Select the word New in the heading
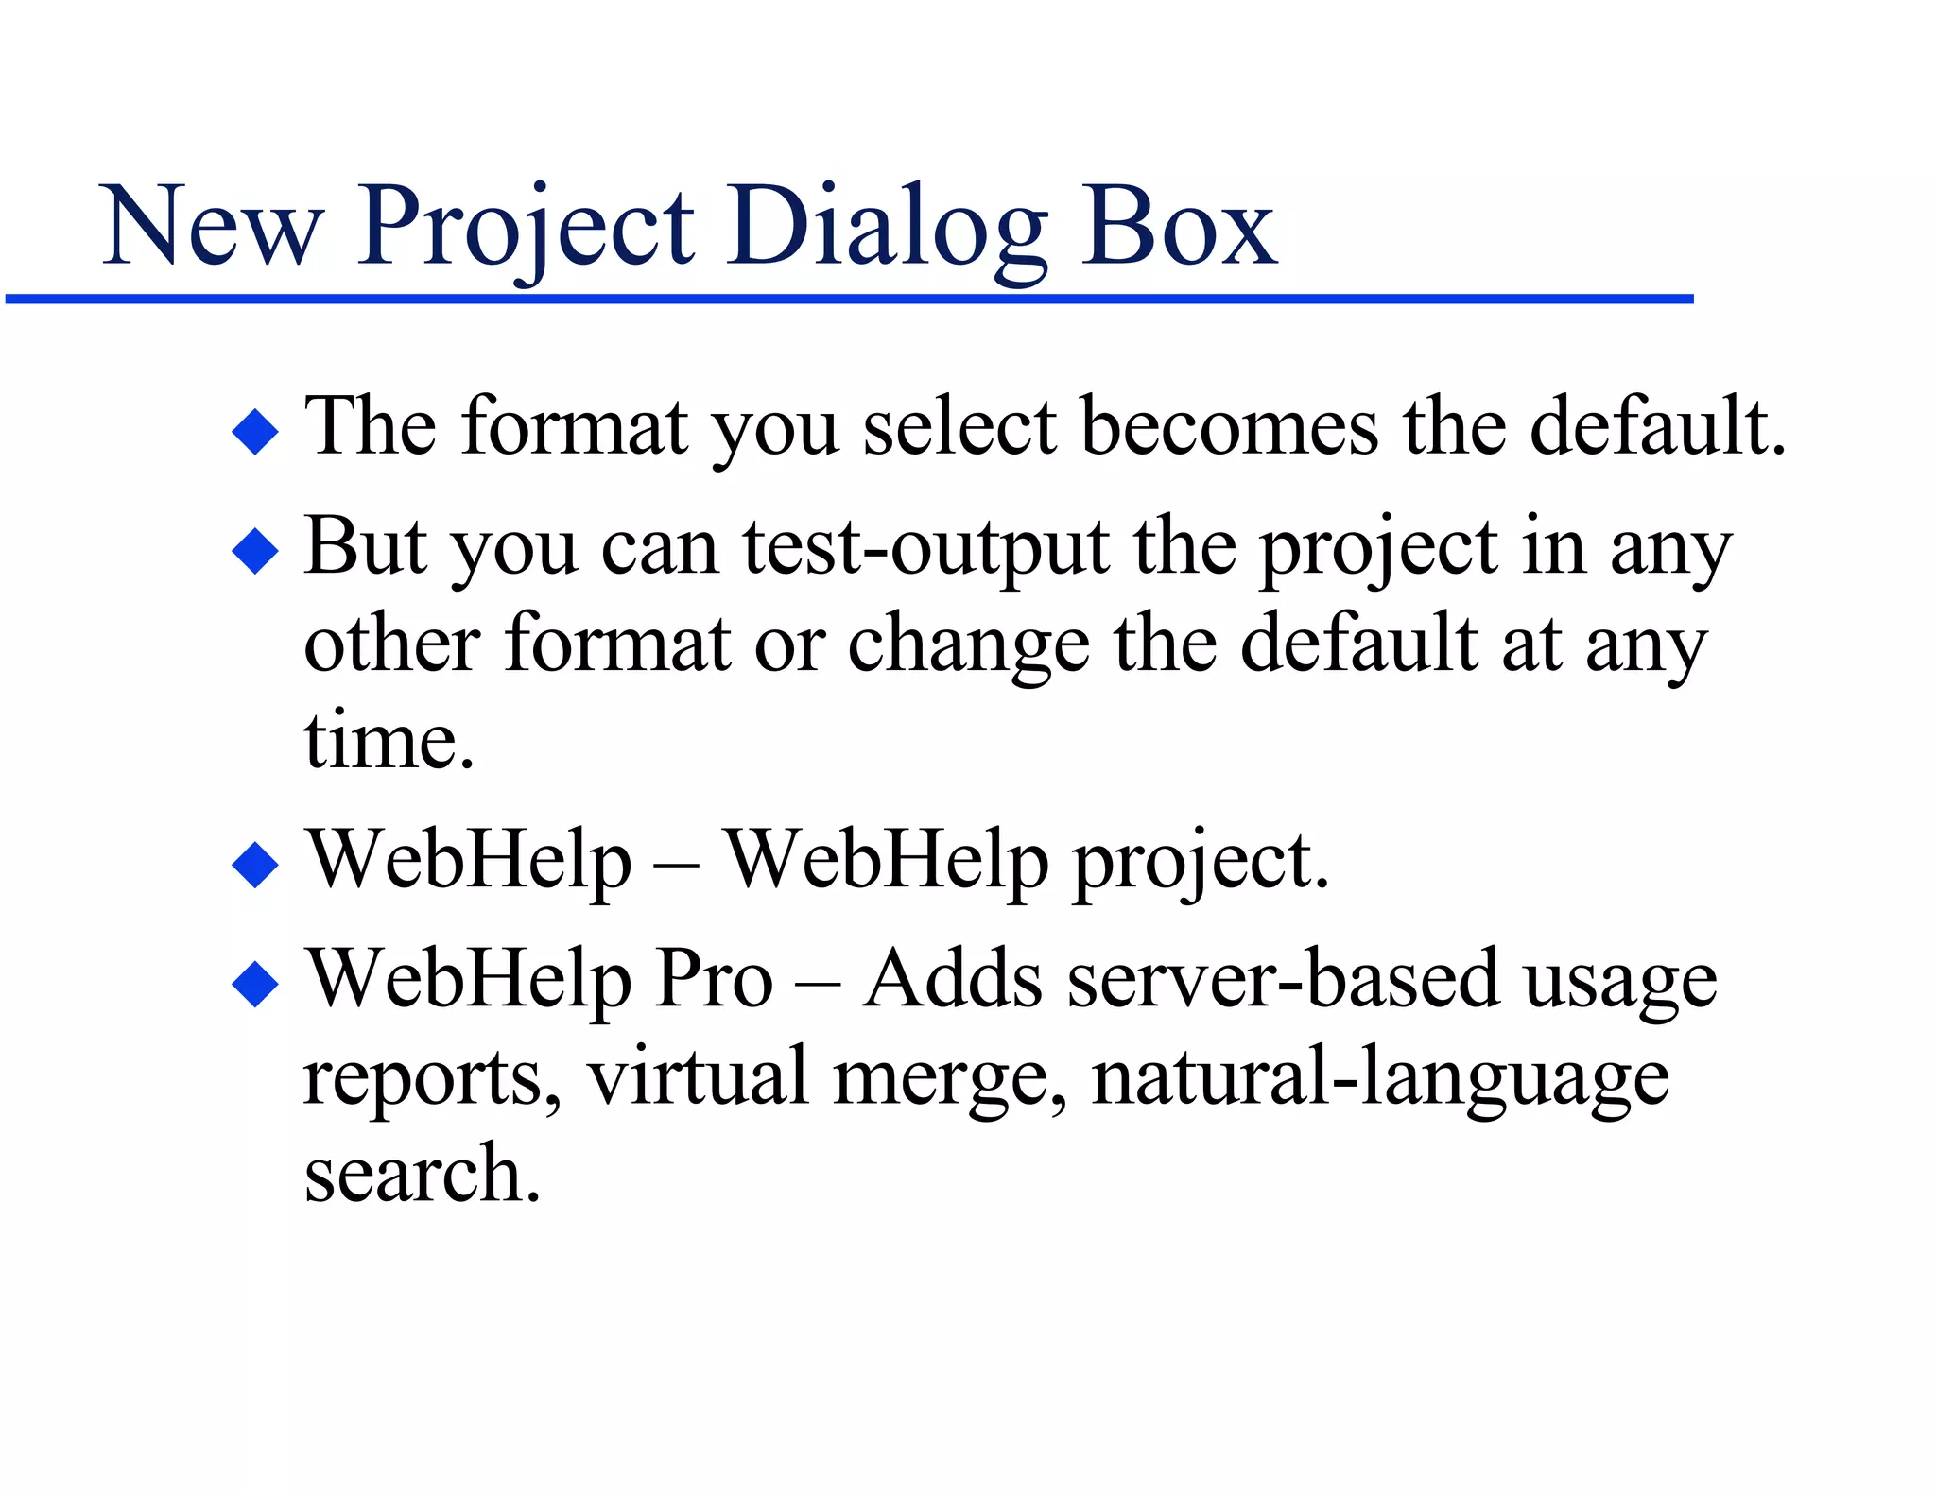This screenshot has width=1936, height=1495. (211, 227)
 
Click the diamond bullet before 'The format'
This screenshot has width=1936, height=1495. (255, 432)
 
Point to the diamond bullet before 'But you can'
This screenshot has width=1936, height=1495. (255, 551)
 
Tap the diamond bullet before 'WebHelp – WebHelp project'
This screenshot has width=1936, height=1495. (255, 865)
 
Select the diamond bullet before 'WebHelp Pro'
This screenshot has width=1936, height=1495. (255, 984)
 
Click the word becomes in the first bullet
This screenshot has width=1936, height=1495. (1229, 427)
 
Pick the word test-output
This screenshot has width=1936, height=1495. (925, 548)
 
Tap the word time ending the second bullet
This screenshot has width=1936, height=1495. (389, 742)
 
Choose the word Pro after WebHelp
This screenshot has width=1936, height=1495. (715, 980)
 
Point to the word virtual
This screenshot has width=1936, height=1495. (698, 1077)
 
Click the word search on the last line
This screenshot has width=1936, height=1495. (422, 1175)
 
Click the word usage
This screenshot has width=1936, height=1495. (1620, 983)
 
